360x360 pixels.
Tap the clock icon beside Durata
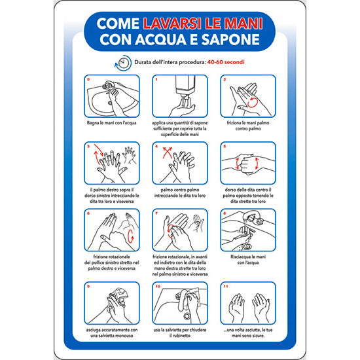point(122,62)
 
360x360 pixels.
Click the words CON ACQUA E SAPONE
point(179,39)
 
